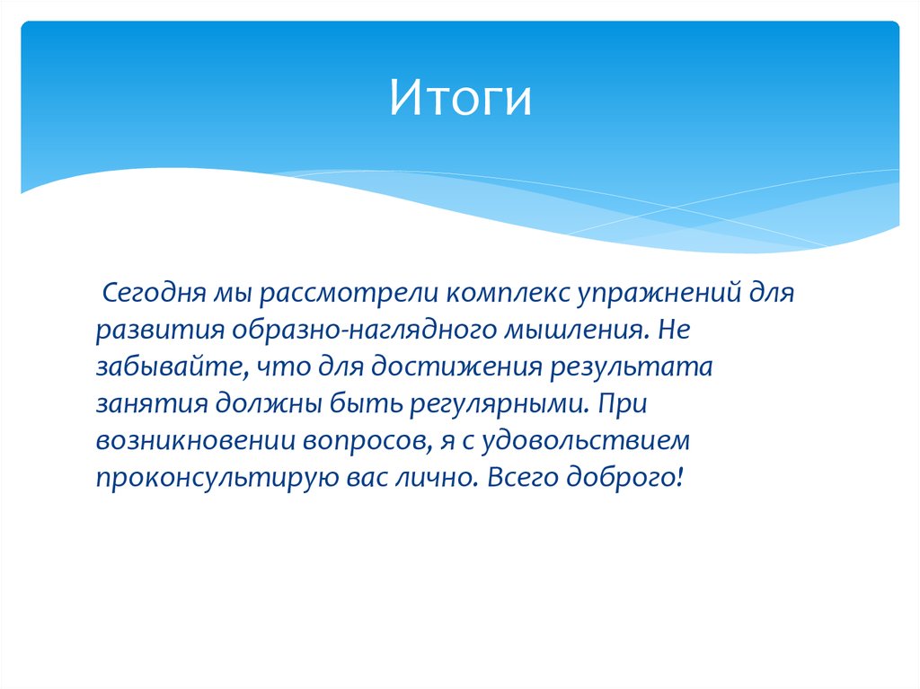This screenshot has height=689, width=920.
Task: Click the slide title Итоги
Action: click(460, 99)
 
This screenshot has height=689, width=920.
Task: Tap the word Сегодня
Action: click(153, 293)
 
